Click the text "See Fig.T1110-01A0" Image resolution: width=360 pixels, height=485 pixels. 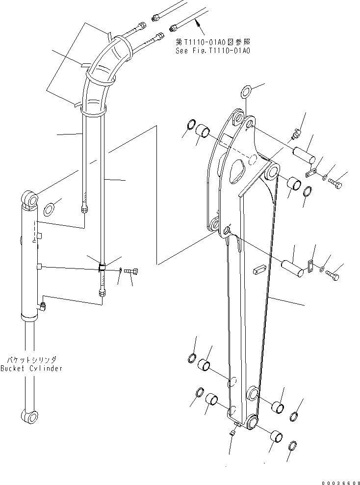tap(212, 51)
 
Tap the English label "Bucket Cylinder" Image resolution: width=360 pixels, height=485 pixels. tap(31, 368)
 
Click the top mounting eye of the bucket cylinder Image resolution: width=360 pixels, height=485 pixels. tap(30, 200)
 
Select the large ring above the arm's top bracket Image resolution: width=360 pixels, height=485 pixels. tap(246, 91)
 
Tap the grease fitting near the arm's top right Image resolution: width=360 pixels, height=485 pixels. tap(296, 134)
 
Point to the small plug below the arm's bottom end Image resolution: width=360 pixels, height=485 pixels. tap(233, 432)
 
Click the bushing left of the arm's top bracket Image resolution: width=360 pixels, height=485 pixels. tap(203, 133)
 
